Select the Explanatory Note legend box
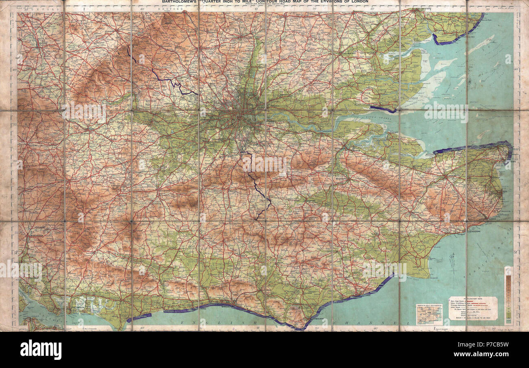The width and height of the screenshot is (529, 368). (473, 308)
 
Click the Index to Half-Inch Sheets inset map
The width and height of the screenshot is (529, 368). (429, 314)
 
